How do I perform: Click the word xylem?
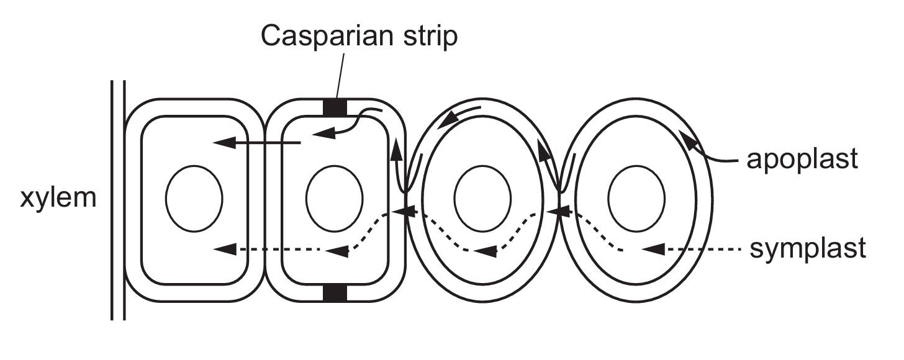[x=58, y=200]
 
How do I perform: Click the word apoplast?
[x=802, y=159]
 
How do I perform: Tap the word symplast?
[x=807, y=250]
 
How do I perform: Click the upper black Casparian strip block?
[x=336, y=107]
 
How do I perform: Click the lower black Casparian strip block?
[x=336, y=292]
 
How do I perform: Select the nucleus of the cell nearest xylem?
[x=194, y=198]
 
